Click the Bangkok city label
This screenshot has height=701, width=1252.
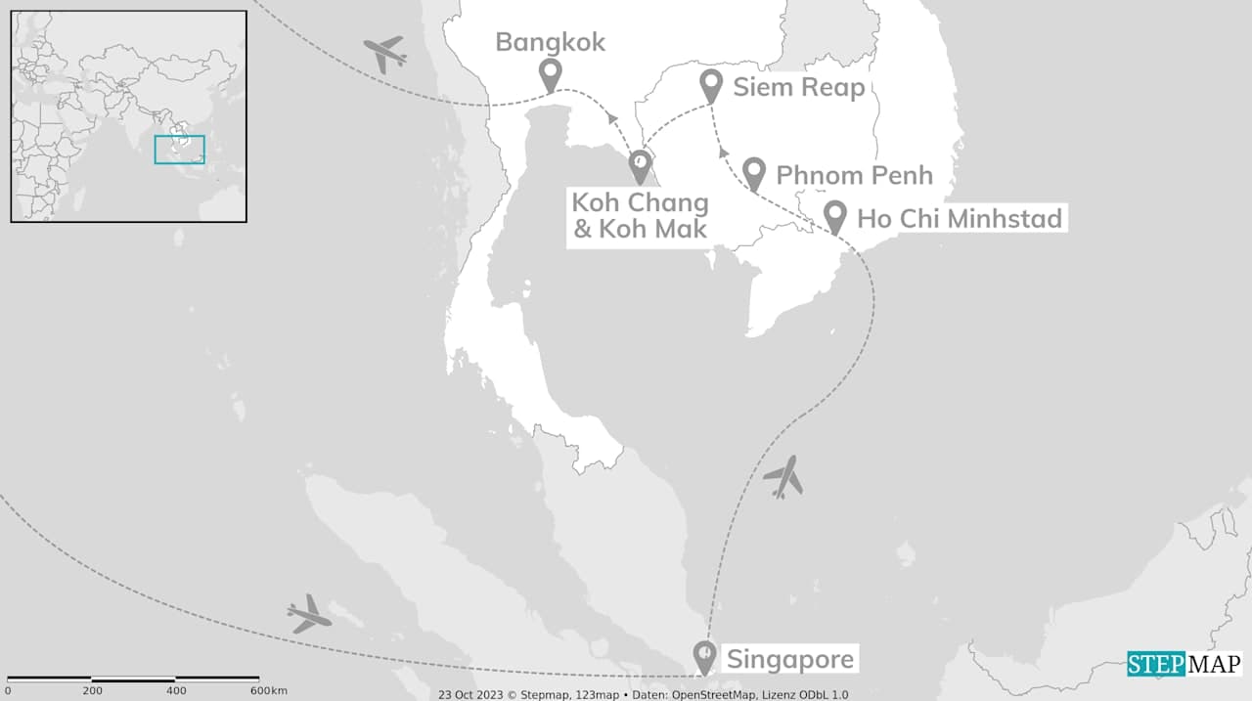click(550, 42)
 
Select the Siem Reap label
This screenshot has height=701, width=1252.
click(799, 88)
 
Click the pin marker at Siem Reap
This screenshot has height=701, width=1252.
click(712, 86)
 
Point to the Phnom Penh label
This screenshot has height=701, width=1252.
click(854, 175)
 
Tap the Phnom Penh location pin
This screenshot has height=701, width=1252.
click(753, 173)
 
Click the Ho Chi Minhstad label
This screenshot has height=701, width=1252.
click(959, 218)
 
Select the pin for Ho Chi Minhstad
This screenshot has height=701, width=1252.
click(834, 216)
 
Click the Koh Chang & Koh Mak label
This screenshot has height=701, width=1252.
click(640, 217)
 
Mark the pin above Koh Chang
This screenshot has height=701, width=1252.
click(640, 165)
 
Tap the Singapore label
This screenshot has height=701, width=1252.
click(788, 659)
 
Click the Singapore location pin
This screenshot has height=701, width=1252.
click(703, 655)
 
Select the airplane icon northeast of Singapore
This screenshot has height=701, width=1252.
click(782, 477)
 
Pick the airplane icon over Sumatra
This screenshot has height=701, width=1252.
click(309, 613)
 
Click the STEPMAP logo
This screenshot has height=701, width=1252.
click(1184, 664)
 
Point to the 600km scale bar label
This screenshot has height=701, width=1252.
click(267, 691)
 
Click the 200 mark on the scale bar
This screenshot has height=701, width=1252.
click(92, 691)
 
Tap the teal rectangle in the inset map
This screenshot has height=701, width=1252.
click(179, 150)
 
